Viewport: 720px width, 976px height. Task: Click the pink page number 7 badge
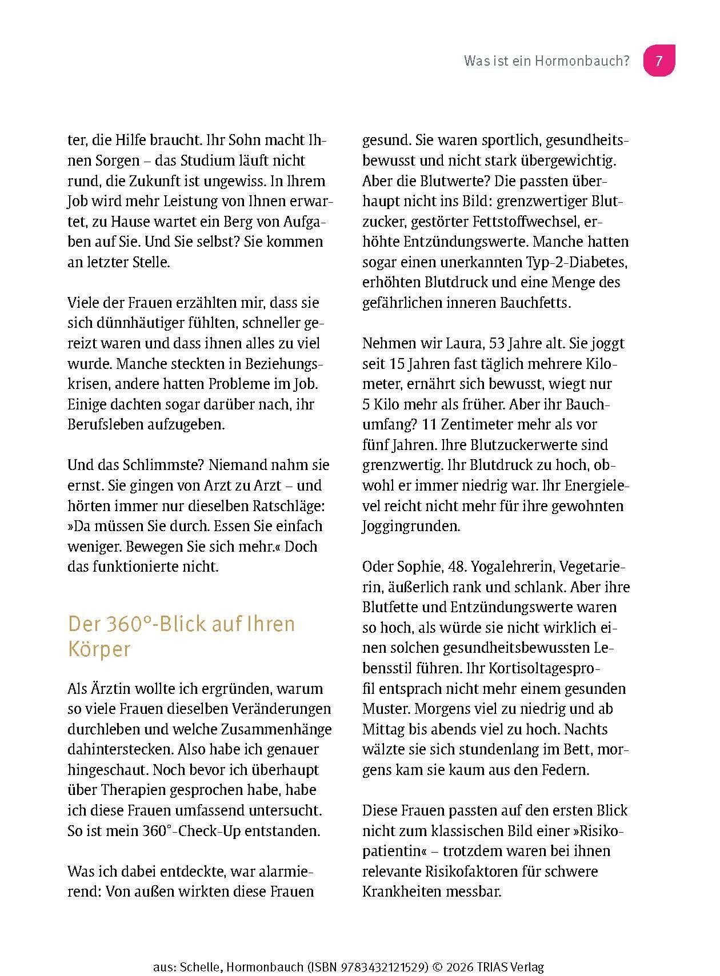[659, 61]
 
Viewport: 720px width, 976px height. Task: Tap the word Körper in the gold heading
[99, 649]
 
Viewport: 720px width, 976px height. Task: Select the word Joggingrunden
[411, 526]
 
